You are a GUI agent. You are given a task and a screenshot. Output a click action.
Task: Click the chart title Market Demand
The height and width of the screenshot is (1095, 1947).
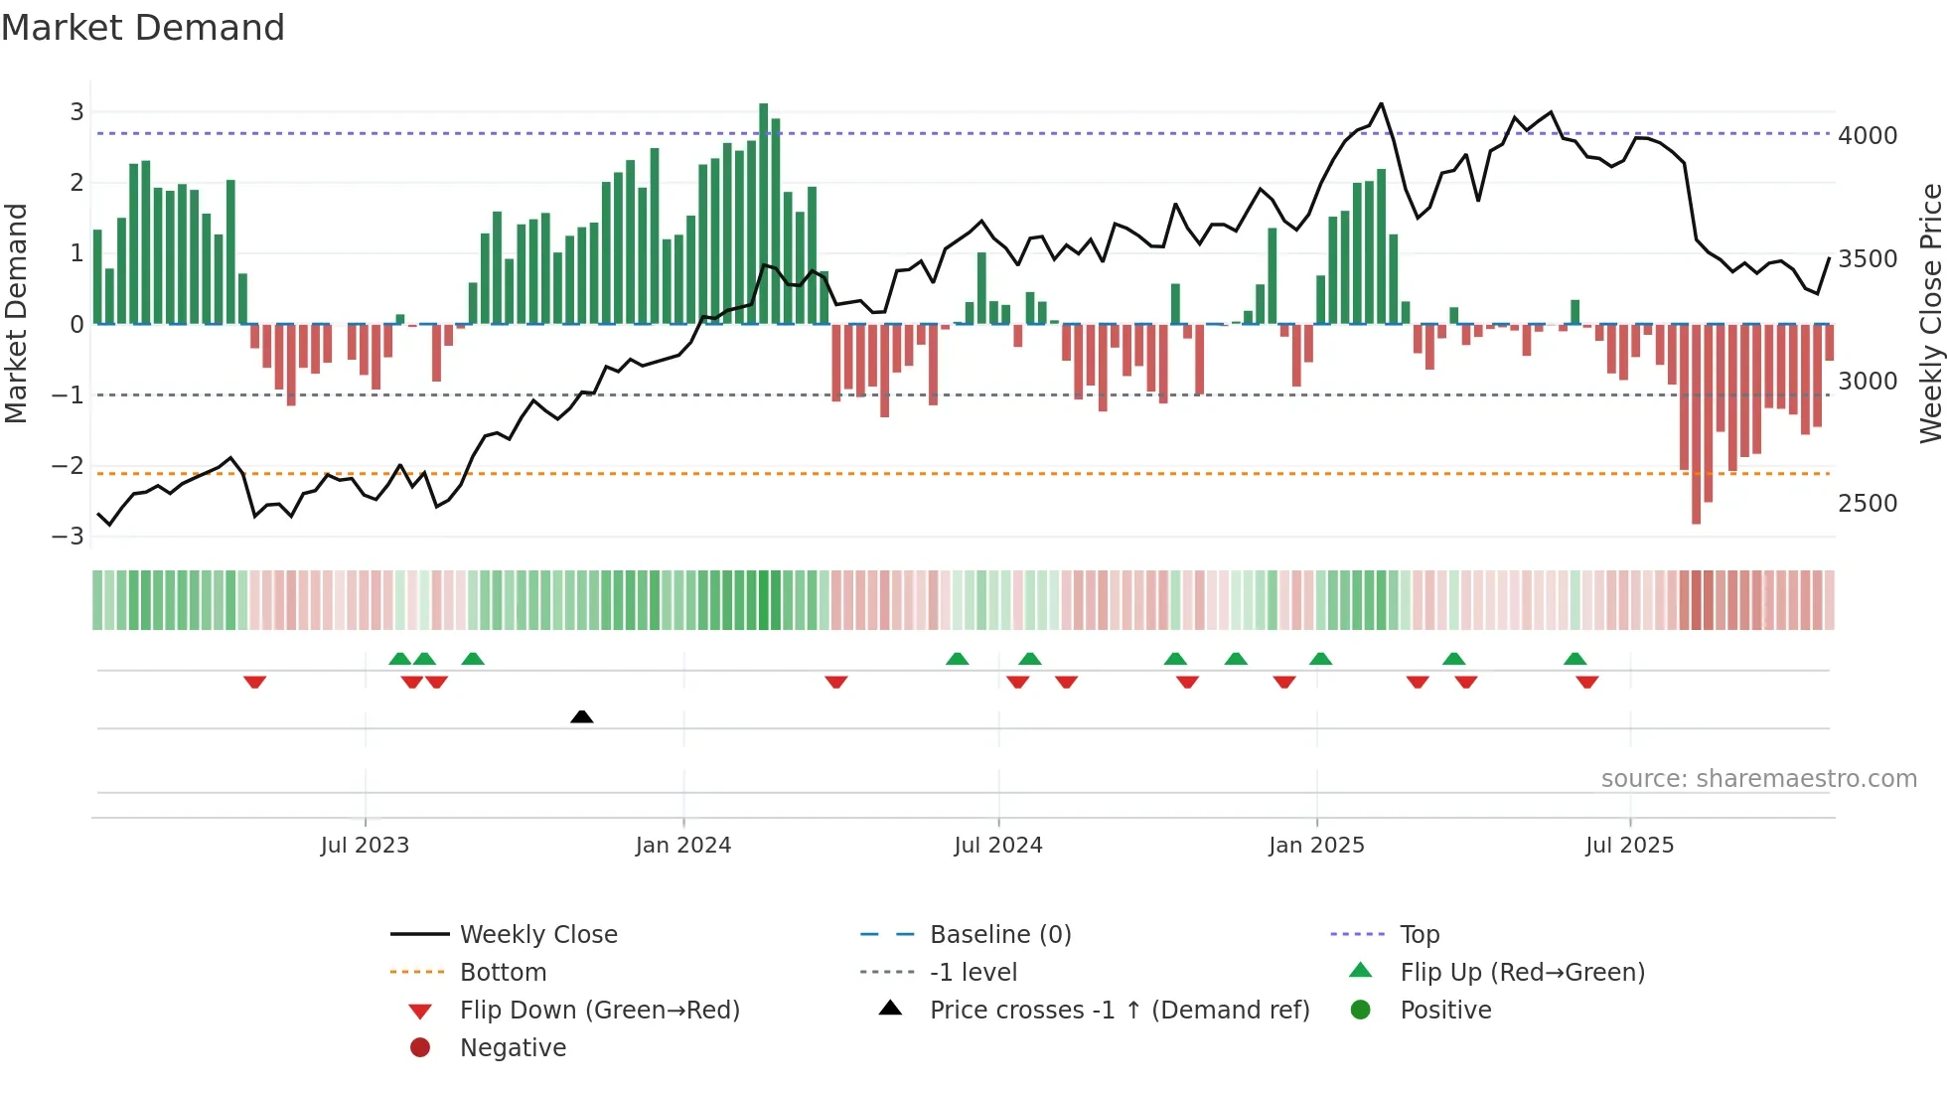tap(143, 28)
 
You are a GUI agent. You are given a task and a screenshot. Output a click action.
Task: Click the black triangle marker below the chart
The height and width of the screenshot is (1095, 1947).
tap(582, 716)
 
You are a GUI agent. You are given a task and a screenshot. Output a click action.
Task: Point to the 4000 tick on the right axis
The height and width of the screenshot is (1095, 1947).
tap(1867, 135)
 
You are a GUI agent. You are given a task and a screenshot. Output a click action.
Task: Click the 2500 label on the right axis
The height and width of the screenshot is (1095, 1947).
tap(1867, 503)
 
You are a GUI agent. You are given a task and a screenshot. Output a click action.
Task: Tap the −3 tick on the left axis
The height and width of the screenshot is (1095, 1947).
tap(69, 537)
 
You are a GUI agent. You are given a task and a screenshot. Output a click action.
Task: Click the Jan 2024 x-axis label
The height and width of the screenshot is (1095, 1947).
tap(682, 846)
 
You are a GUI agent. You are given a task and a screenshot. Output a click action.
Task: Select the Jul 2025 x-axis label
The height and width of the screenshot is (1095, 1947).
tap(1629, 846)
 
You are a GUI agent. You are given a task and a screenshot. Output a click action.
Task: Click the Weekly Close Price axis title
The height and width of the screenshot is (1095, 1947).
tap(1930, 313)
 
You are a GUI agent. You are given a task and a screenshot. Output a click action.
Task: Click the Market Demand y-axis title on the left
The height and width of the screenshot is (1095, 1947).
tap(16, 313)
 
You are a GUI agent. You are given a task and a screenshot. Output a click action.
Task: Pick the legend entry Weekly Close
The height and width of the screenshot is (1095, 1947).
tap(537, 934)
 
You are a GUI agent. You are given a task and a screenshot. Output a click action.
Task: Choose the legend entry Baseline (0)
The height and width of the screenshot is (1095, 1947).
tap(999, 934)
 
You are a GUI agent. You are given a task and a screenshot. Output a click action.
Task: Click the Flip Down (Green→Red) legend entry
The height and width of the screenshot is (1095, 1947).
tap(599, 1011)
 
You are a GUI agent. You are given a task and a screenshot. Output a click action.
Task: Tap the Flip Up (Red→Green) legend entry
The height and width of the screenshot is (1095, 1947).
tap(1522, 972)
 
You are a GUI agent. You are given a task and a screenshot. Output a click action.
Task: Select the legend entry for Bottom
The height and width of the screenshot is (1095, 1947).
tap(503, 972)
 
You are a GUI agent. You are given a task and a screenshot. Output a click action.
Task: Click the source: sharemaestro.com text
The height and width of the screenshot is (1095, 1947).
tap(1758, 779)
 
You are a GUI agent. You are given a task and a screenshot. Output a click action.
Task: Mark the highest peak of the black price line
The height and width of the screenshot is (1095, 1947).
tap(1381, 103)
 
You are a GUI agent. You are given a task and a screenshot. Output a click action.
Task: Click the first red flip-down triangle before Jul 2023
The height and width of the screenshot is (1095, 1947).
tap(254, 682)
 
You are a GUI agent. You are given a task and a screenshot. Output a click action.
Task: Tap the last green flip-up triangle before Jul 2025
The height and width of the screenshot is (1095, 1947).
tap(1574, 659)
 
